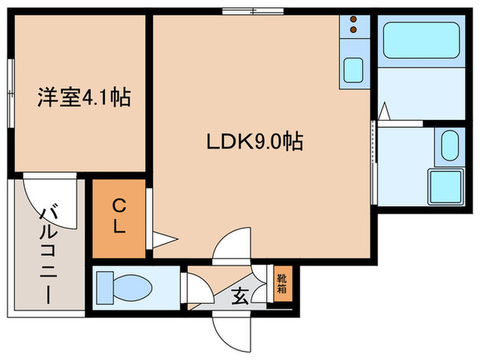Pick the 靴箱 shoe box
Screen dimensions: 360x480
pos(283,283)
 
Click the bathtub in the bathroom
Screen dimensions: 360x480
pos(421,40)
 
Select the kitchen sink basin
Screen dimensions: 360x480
pos(355,71)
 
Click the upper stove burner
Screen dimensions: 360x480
pos(354,20)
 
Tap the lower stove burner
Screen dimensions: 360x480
pos(354,30)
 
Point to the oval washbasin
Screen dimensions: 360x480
pos(449,145)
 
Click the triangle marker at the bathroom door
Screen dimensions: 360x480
pos(385,110)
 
